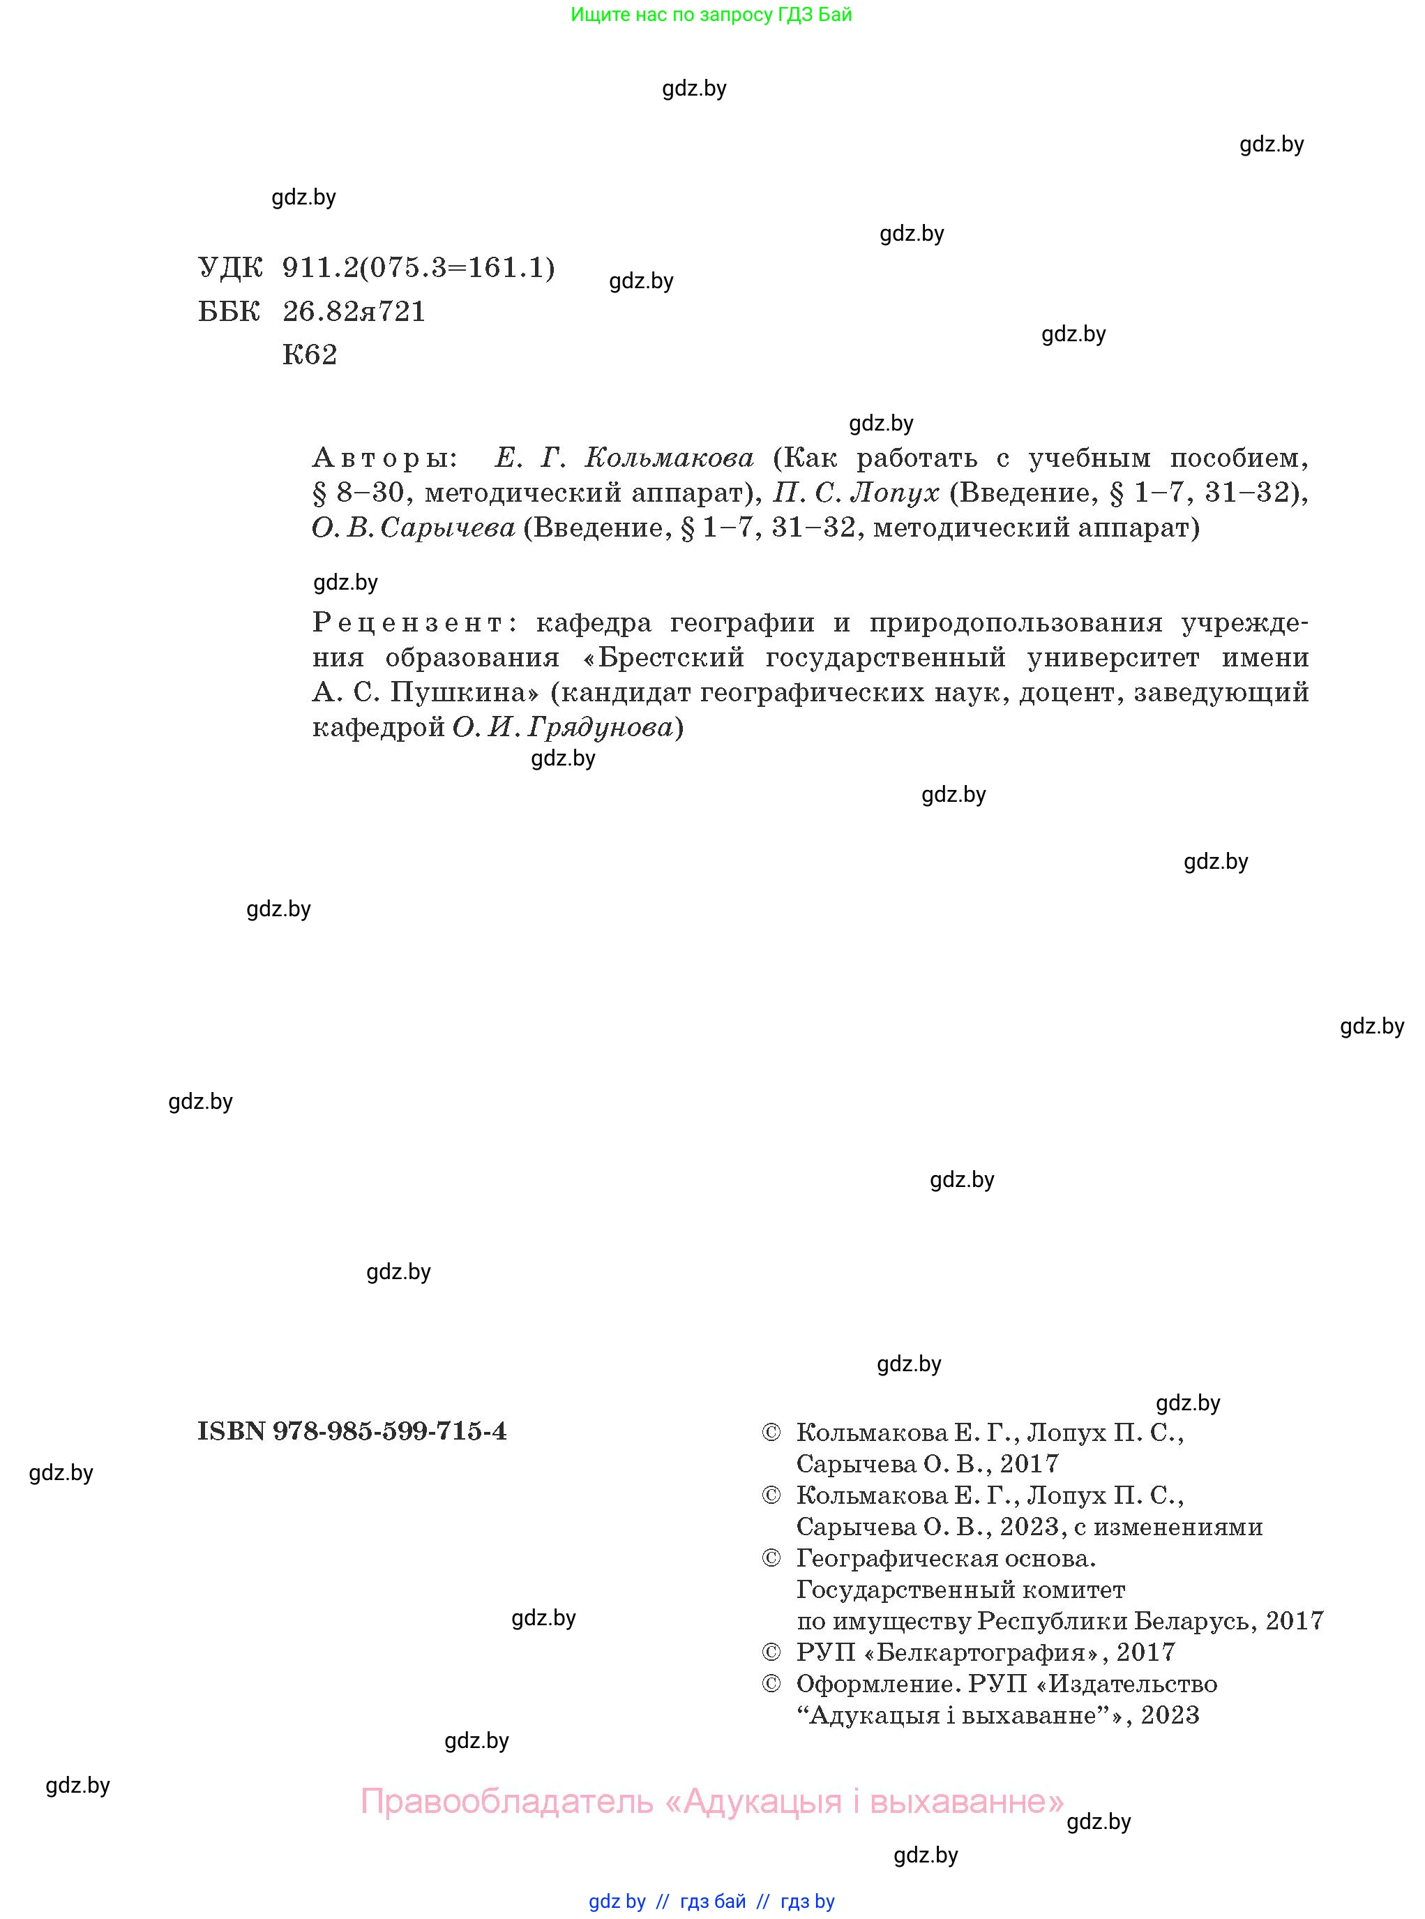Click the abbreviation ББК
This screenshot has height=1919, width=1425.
point(229,311)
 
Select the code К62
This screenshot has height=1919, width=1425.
point(310,354)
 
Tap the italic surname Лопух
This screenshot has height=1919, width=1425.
point(894,493)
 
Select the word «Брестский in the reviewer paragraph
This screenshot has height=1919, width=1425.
point(663,657)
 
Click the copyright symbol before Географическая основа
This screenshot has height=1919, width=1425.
point(771,1558)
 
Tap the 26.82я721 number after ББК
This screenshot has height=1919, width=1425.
point(354,311)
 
